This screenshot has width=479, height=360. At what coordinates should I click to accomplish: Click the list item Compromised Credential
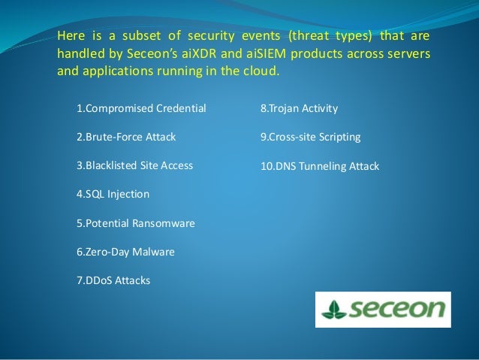pos(141,109)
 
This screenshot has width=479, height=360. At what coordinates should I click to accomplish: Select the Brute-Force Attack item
pos(126,138)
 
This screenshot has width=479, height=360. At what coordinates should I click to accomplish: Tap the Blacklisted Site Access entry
pos(134,166)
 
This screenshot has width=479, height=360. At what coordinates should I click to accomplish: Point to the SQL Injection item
pos(113,194)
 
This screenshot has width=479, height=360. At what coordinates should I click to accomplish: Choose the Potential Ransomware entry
pos(135,223)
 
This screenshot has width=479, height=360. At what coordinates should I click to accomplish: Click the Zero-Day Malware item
pos(125,252)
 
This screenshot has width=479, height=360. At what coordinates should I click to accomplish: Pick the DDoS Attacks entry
pos(113,280)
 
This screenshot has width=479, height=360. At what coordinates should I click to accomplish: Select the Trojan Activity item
pos(299,109)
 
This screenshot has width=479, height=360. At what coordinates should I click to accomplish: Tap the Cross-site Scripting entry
pos(310,138)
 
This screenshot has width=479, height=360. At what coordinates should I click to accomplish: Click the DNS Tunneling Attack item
pos(320,166)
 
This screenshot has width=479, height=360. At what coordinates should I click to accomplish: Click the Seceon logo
pos(383,310)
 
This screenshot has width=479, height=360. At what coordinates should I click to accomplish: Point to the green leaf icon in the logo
pos(332,310)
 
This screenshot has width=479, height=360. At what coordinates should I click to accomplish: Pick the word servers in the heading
pos(408,55)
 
